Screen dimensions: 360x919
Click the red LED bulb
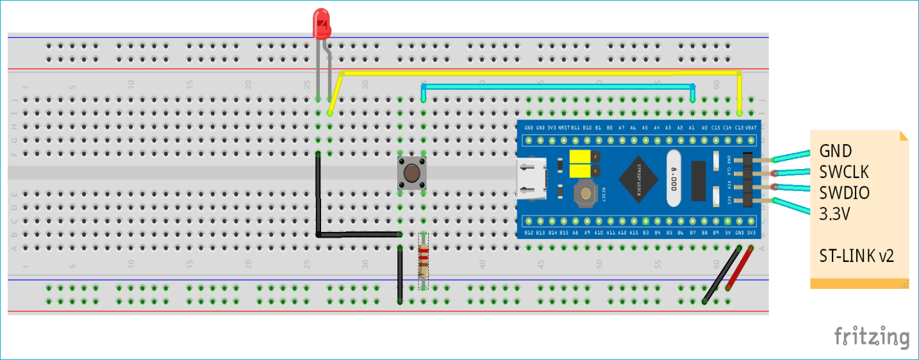coord(322,24)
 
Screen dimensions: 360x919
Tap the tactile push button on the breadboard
coord(411,174)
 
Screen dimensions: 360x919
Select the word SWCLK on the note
coord(843,172)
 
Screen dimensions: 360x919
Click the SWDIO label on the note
coord(844,193)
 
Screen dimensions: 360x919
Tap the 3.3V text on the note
coord(834,214)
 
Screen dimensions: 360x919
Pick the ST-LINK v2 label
coord(856,256)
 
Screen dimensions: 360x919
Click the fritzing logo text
coord(871,336)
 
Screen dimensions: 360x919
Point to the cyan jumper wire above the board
coord(558,86)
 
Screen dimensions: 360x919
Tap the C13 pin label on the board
coord(739,127)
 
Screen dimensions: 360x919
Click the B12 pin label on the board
coord(529,233)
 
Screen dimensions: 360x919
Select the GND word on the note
coord(835,151)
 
